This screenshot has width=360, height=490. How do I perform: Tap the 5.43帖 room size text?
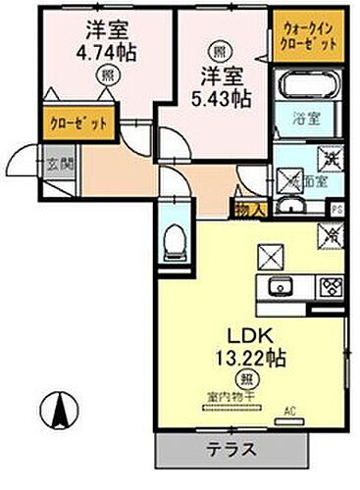(222, 95)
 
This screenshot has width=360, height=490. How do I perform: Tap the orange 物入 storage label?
(245, 208)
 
